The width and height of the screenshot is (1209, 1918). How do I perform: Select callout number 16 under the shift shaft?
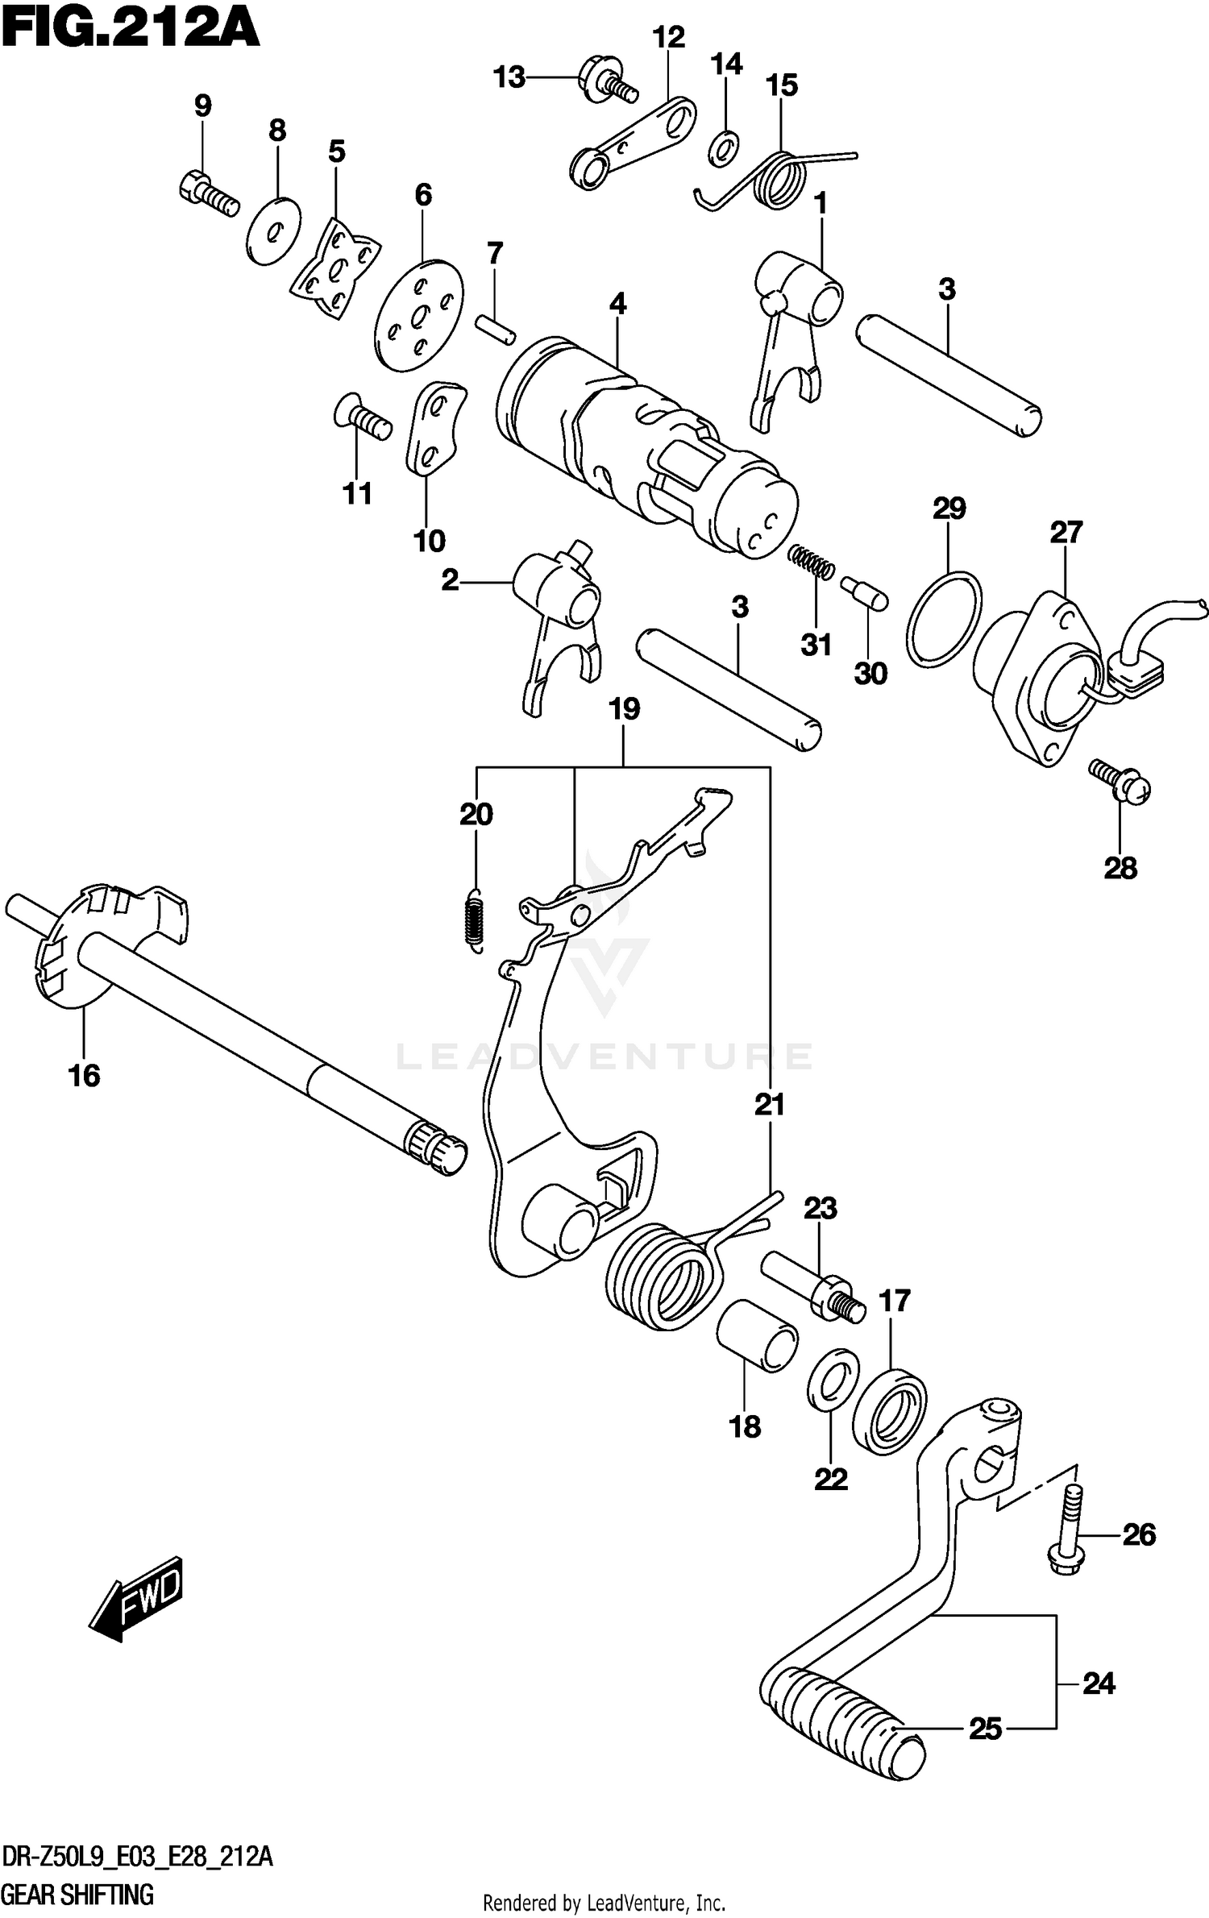click(x=85, y=1075)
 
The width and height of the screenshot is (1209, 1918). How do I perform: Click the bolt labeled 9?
click(x=207, y=194)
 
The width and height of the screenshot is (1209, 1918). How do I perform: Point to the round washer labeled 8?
click(x=272, y=231)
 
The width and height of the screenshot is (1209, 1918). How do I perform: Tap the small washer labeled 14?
click(x=725, y=149)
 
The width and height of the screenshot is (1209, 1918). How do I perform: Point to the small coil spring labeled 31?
click(x=810, y=561)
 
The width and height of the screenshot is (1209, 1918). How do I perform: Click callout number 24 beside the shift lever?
click(x=1098, y=1683)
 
